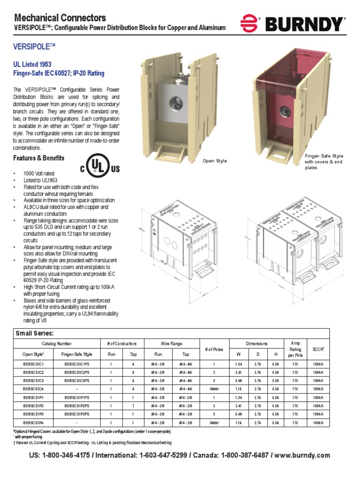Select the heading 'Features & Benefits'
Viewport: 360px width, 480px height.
pos(39,158)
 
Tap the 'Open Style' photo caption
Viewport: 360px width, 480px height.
pos(215,161)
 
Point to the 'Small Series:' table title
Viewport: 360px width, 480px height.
pos(35,333)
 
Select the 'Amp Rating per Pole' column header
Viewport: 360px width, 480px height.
pos(295,349)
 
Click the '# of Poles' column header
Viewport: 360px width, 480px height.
pos(213,349)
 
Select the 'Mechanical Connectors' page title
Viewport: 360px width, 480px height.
pos(60,18)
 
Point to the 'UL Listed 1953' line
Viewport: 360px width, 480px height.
pos(32,64)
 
